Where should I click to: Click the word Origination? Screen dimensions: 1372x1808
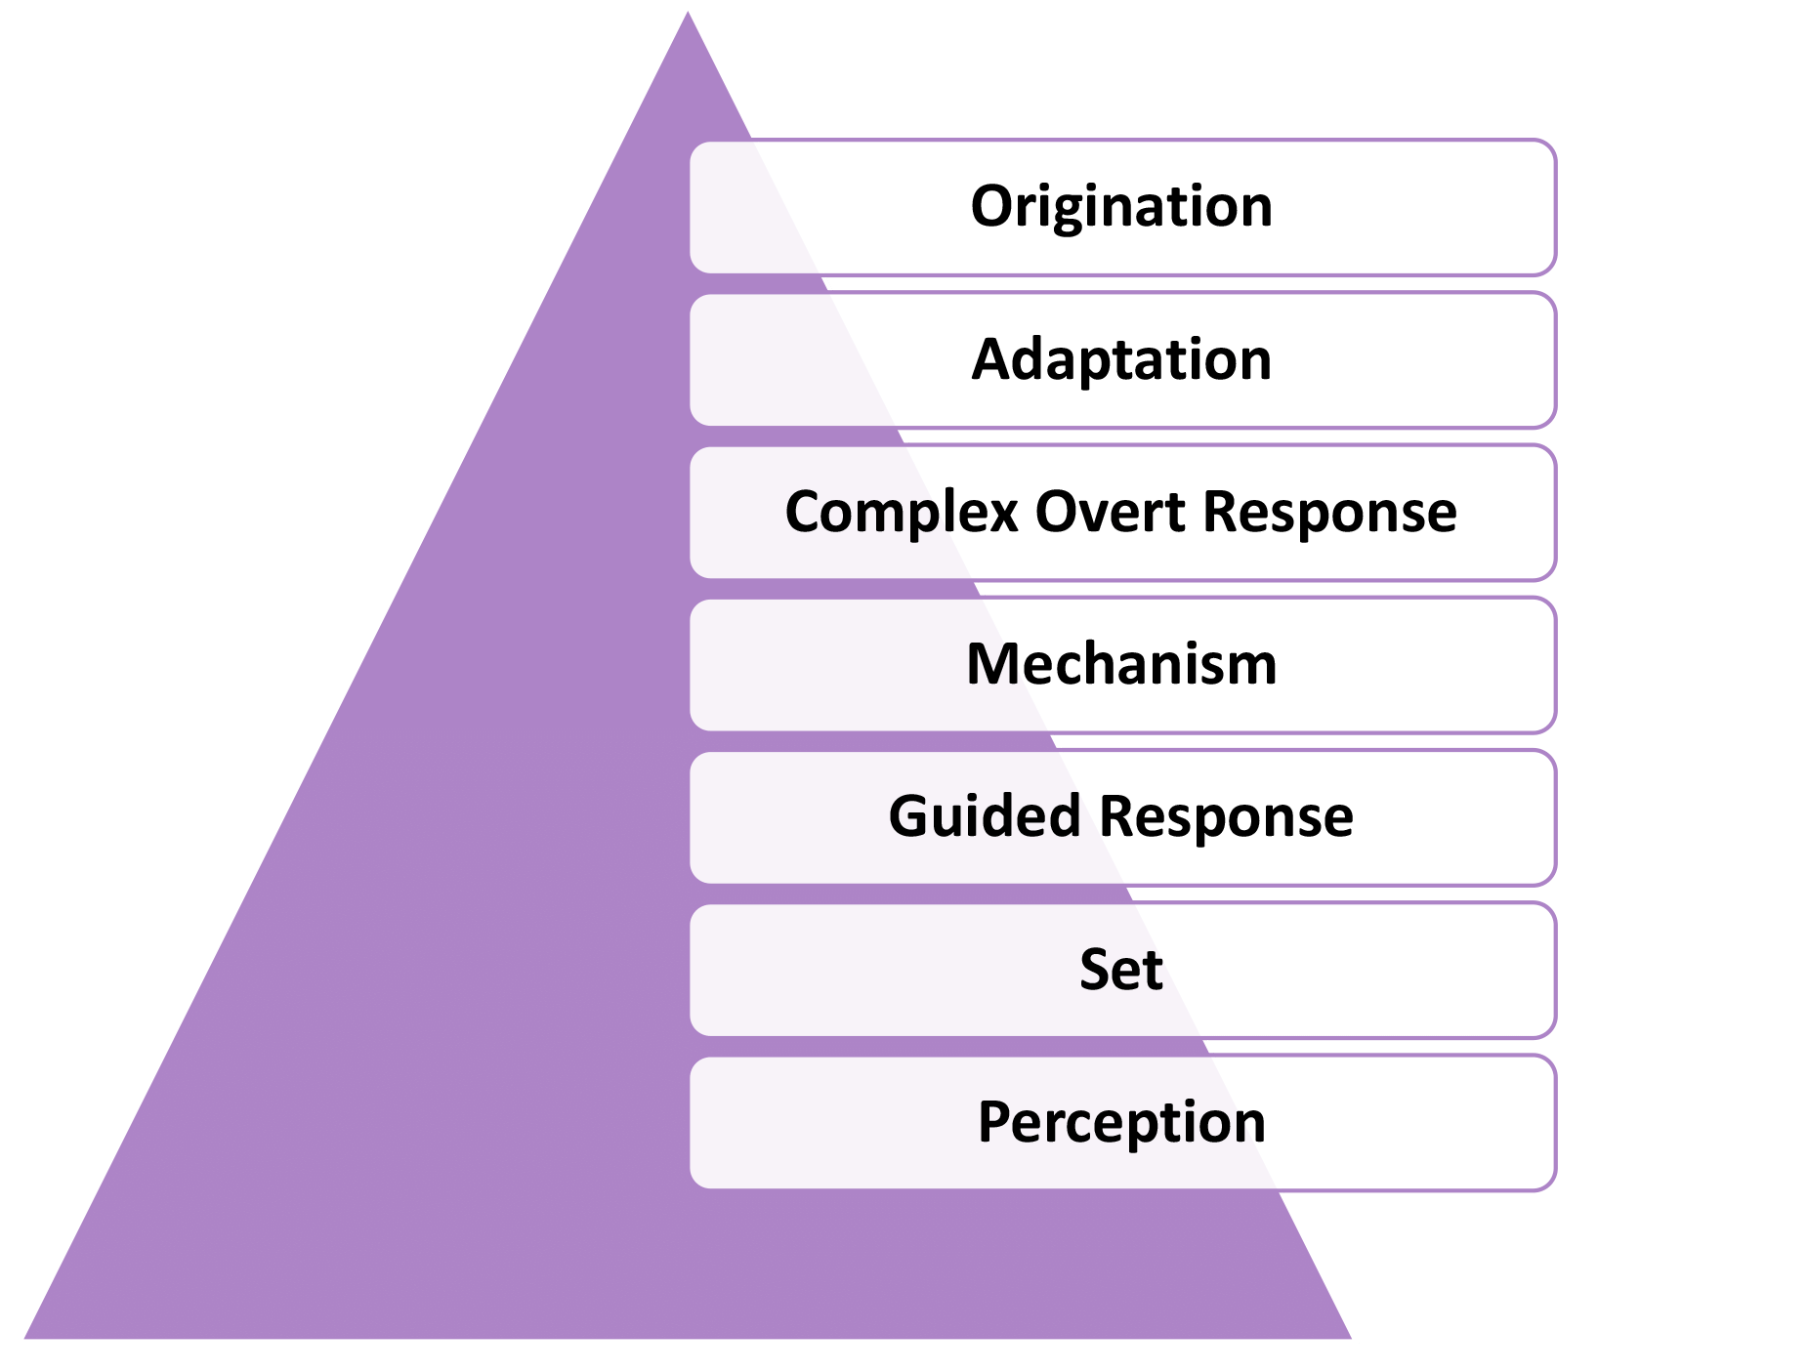coord(1121,207)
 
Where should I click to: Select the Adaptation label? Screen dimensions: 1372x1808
coord(1121,359)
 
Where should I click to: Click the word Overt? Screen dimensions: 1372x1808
coord(1110,512)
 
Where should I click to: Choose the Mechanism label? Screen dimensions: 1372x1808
coord(1121,665)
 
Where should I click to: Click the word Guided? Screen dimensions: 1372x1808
coord(984,816)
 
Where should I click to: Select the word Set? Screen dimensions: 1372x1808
coord(1121,970)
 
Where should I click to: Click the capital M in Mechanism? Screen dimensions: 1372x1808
coord(990,665)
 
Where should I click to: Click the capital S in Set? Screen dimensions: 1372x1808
coord(1095,970)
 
